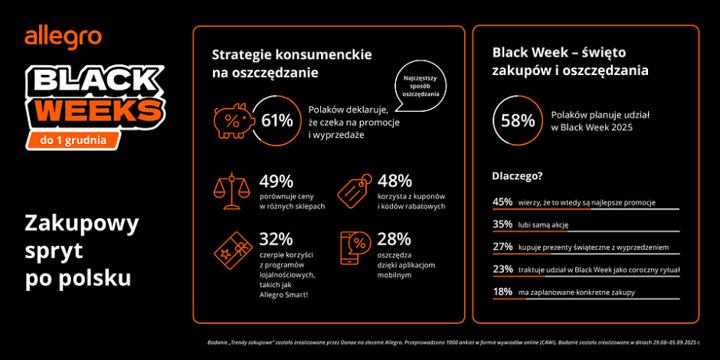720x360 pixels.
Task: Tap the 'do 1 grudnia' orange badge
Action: pos(74,139)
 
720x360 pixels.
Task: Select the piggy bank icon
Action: pos(231,119)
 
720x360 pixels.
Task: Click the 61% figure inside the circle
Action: pos(277,120)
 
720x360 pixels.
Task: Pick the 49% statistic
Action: pos(276,182)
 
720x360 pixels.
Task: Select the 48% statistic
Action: pos(394,182)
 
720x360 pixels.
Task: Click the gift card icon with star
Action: pos(231,249)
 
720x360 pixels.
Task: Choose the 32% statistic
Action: pos(276,239)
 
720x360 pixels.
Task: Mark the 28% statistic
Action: pos(394,239)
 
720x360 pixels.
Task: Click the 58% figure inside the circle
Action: pos(518,120)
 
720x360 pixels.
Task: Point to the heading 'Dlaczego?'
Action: pos(517,176)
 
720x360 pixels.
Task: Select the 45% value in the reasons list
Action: pos(502,202)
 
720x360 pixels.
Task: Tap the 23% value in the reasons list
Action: pos(502,270)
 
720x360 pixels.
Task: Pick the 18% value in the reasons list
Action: pos(502,292)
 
